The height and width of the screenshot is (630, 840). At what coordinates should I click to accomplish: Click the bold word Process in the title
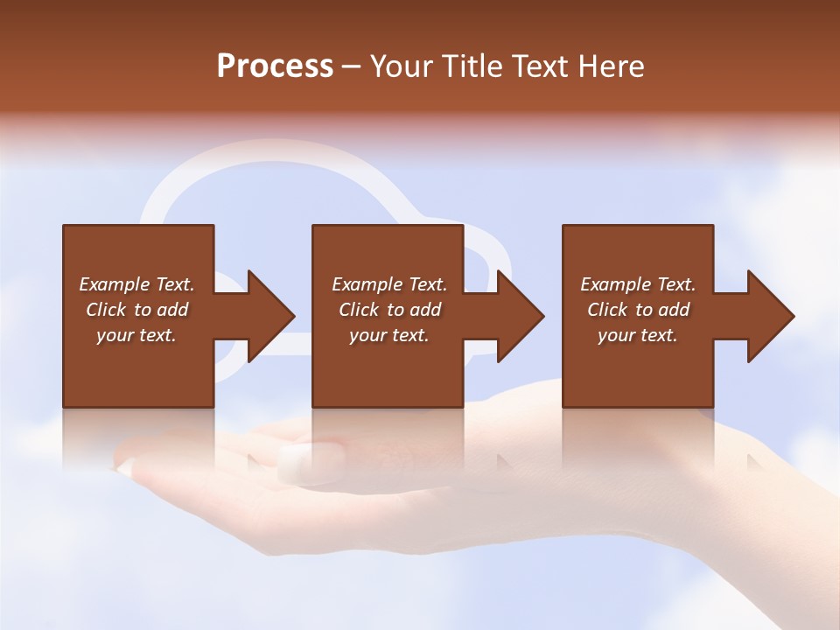click(x=275, y=66)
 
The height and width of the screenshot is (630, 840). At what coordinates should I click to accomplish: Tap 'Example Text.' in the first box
click(x=136, y=284)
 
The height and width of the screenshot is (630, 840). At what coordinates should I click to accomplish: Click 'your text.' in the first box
click(x=136, y=335)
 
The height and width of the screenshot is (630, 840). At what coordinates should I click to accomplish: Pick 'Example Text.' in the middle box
click(x=389, y=284)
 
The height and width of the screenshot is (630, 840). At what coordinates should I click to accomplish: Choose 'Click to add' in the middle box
click(x=389, y=310)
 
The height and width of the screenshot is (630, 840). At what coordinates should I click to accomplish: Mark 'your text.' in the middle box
click(x=389, y=335)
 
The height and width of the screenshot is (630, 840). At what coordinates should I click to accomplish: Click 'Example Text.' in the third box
click(x=638, y=284)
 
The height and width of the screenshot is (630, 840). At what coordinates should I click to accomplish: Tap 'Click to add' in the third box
click(x=638, y=310)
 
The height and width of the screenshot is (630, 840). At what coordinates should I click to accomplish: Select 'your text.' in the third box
click(x=638, y=335)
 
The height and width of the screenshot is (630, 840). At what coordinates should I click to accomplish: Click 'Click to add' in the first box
click(x=136, y=310)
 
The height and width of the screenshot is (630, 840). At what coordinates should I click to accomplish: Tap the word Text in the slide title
click(x=535, y=66)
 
